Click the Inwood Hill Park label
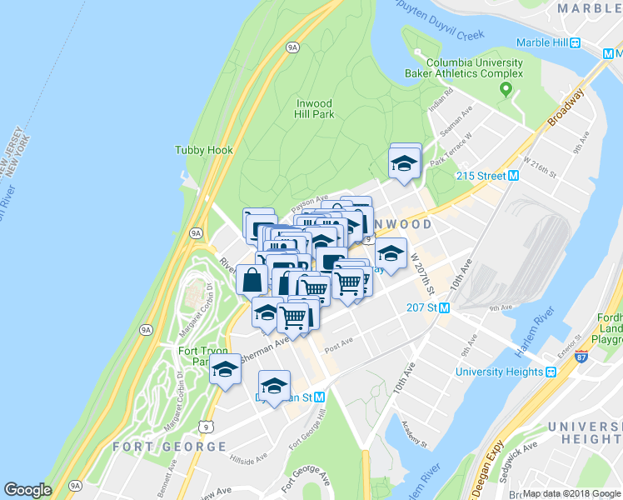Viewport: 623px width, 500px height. [x=315, y=108]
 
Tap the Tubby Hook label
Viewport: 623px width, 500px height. [x=204, y=150]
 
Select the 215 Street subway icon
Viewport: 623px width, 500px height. [x=514, y=176]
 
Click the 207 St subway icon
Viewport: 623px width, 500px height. [x=444, y=307]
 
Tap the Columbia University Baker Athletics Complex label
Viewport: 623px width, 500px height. [x=475, y=68]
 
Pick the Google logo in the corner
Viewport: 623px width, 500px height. [x=27, y=490]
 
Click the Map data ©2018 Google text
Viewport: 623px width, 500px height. [x=571, y=493]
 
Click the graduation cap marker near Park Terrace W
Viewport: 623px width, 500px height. [x=405, y=161]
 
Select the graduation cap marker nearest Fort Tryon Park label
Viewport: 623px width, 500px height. [x=225, y=369]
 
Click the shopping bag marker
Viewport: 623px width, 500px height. [x=252, y=279]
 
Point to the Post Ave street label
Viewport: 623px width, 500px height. [x=339, y=341]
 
